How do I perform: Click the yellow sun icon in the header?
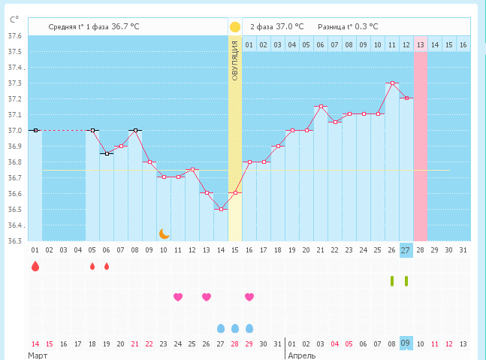coord(234,26)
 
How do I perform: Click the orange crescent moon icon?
coord(164,233)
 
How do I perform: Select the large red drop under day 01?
coord(35,265)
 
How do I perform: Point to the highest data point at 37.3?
coord(392,83)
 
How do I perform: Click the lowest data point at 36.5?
coord(221,209)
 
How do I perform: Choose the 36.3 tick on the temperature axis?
coord(14,241)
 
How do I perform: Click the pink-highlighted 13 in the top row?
coord(421,45)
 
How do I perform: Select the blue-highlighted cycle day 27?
coord(406,250)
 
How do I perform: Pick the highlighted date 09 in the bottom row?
coord(406,343)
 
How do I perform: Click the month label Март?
coord(38,354)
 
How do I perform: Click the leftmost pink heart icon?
coord(178,297)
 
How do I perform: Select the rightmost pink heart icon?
coord(249,297)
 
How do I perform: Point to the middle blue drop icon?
coord(235,328)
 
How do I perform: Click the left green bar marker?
coord(392,281)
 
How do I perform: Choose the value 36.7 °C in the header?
coord(125,26)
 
